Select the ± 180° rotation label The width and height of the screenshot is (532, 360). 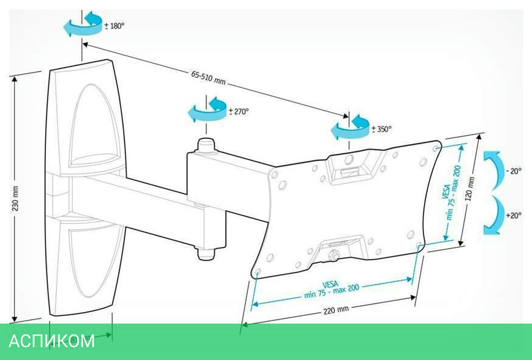(115, 25)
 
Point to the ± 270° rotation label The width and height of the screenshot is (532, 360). (239, 112)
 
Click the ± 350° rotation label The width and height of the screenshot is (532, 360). (381, 129)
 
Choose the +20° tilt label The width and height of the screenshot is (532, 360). (514, 215)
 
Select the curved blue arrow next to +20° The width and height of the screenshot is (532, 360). (493, 215)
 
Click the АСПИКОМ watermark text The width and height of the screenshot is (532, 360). (52, 340)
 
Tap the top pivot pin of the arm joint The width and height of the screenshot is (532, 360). (205, 145)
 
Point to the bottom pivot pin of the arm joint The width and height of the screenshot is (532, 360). (206, 254)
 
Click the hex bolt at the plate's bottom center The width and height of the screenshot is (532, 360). (334, 254)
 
